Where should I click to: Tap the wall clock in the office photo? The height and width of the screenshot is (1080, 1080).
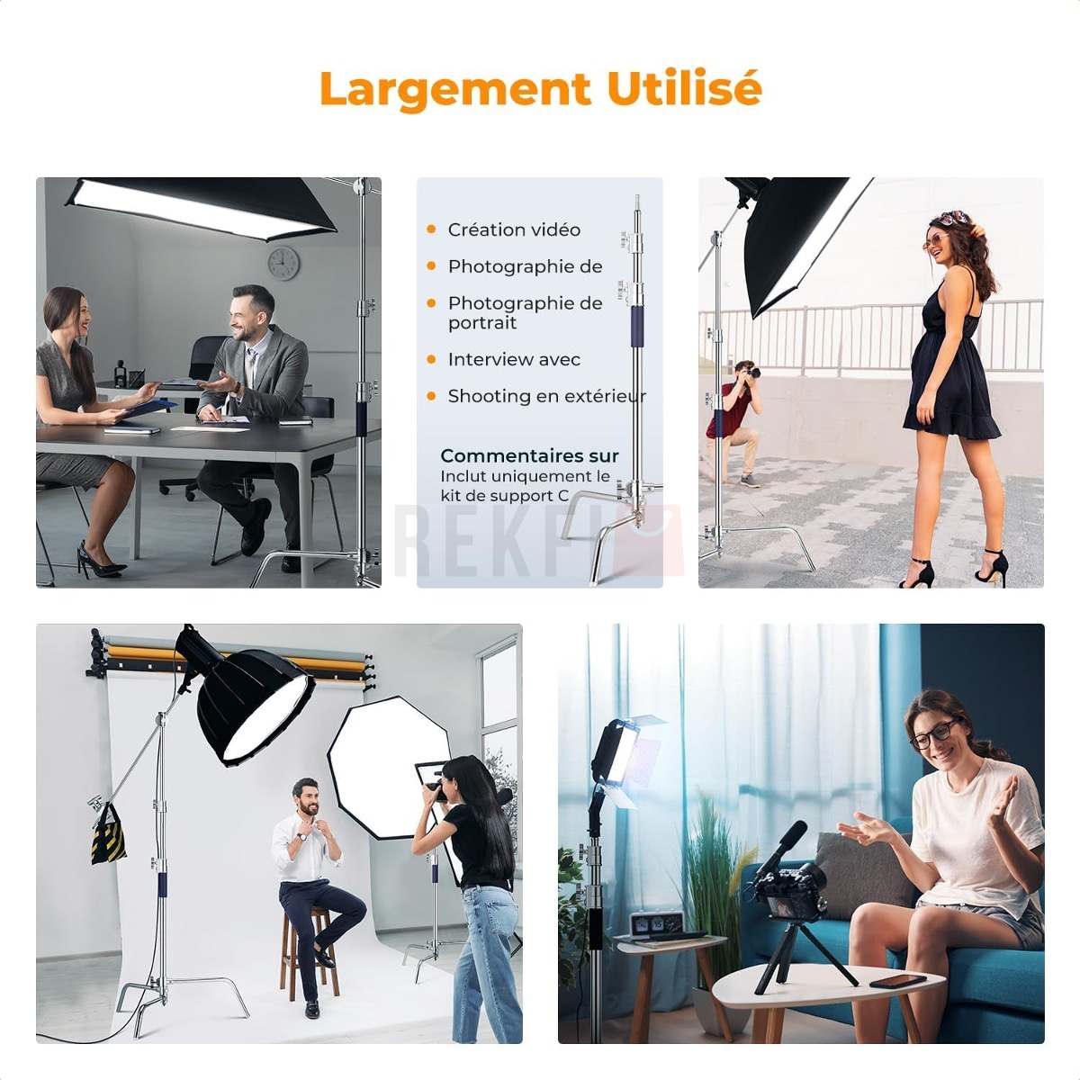tap(283, 264)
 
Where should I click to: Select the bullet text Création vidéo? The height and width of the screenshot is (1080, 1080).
tap(514, 229)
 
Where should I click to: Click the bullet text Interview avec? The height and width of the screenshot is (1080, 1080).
tap(514, 359)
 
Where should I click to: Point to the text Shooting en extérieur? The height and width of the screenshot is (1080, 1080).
tap(546, 396)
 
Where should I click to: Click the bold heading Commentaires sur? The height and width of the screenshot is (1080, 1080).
tap(529, 455)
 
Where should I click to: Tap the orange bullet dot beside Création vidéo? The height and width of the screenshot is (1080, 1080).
tap(431, 229)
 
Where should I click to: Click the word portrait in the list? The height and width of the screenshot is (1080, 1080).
tap(482, 324)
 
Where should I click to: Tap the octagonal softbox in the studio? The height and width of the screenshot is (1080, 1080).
tap(387, 768)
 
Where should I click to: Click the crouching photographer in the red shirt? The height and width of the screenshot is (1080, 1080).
tap(736, 423)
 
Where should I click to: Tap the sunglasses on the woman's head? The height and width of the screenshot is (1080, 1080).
tap(951, 216)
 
